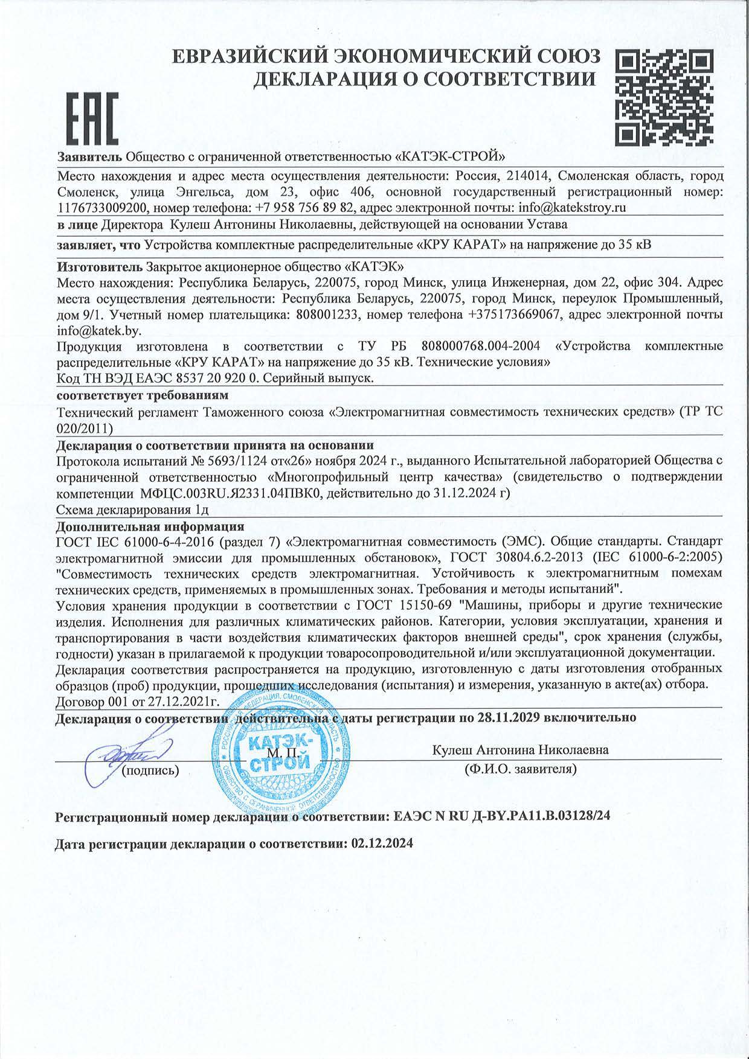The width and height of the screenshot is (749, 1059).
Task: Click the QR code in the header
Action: coord(663,98)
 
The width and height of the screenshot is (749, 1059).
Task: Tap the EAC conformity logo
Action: coord(91,118)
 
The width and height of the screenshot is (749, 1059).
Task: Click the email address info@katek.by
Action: coord(98,330)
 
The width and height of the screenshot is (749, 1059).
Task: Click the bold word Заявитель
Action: coord(89,156)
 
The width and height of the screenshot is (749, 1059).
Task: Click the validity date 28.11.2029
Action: coord(567,718)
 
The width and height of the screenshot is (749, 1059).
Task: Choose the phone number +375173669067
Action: coord(512,315)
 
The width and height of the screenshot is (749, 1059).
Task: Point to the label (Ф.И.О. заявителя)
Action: coord(520,769)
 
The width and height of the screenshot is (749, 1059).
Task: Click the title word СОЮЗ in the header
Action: coord(567,57)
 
